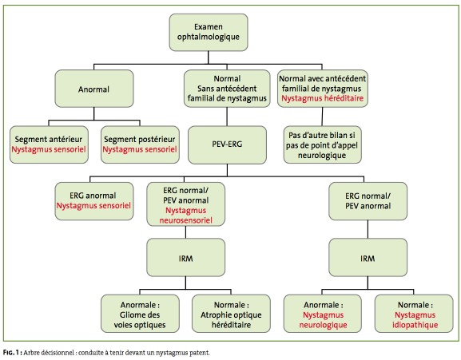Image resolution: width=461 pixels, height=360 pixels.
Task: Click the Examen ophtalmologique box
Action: pos(209,32)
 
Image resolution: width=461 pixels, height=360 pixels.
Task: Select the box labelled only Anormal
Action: pos(94,89)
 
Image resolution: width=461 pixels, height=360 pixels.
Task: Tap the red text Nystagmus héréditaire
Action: pos(323,98)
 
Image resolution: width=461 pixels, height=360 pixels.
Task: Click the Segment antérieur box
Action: pos(49,144)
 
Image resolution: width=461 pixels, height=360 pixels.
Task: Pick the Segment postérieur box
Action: pos(140,144)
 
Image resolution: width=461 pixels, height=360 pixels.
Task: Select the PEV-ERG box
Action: pos(227,144)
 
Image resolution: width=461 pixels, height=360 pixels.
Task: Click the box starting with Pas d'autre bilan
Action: pos(323,144)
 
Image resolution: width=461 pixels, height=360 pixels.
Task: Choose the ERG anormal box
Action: pos(94,201)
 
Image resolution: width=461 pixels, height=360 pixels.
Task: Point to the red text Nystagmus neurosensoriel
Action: pos(186,216)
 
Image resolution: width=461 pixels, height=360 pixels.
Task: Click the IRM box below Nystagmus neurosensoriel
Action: pos(186,258)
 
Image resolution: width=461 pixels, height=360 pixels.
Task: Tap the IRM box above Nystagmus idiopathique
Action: pos(368,258)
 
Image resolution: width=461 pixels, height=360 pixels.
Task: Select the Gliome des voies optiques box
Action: pos(140,314)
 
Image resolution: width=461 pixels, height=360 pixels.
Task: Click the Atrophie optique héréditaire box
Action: pos(231,314)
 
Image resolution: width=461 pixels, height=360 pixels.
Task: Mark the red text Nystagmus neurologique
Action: pos(323,320)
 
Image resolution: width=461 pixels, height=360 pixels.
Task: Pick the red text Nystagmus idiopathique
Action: pos(415,320)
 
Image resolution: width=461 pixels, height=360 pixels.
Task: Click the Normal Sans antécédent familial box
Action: pos(227,89)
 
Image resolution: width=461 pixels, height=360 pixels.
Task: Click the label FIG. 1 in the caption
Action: pos(11,353)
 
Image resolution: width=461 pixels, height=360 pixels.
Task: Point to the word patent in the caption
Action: pos(201,353)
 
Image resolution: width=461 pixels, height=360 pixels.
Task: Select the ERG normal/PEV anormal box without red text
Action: pos(368,201)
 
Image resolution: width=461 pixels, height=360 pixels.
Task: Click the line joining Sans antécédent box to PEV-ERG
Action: pos(227,117)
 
